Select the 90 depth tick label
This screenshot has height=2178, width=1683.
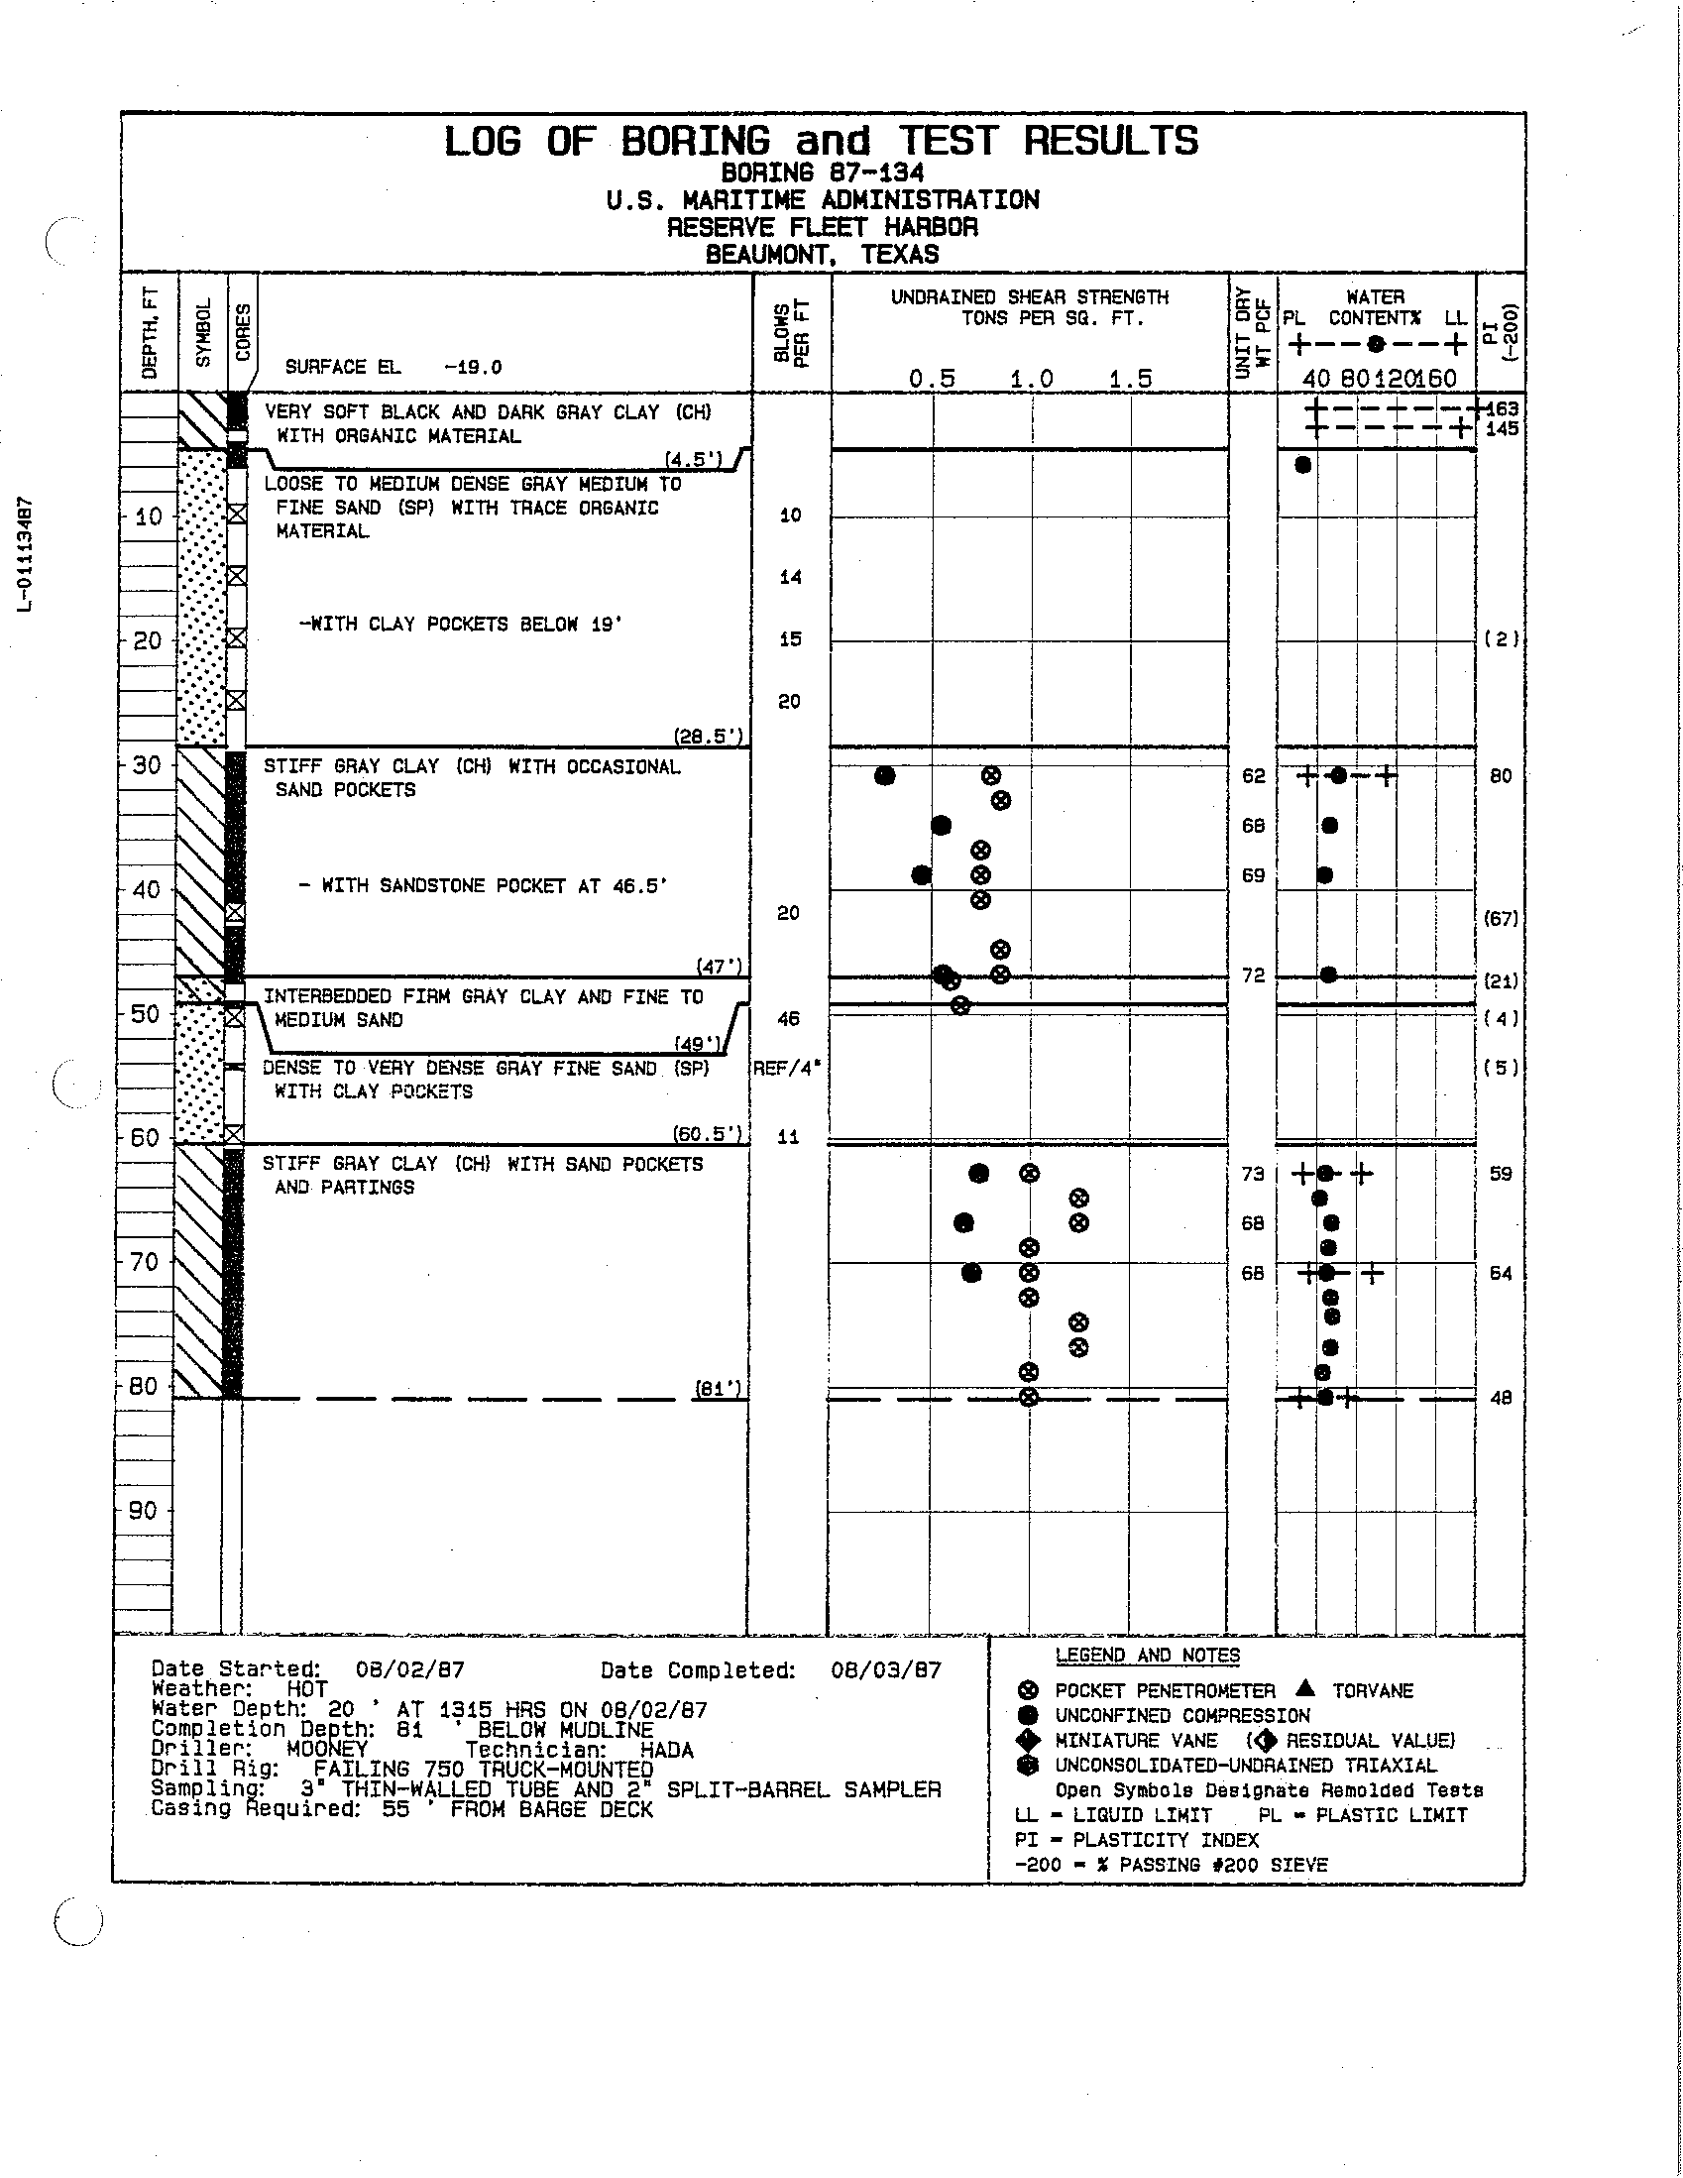pyautogui.click(x=144, y=1511)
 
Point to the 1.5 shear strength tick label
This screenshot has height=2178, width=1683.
pyautogui.click(x=1131, y=379)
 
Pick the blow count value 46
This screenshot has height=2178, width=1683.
pyautogui.click(x=789, y=1018)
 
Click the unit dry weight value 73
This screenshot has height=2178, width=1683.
pyautogui.click(x=1253, y=1174)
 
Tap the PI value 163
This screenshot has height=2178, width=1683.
pyautogui.click(x=1502, y=408)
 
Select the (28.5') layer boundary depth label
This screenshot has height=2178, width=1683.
pyautogui.click(x=708, y=737)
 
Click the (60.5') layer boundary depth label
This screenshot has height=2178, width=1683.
pyautogui.click(x=708, y=1133)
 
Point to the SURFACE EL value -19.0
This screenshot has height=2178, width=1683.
pyautogui.click(x=473, y=367)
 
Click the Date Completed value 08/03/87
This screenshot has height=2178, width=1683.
pyautogui.click(x=885, y=1670)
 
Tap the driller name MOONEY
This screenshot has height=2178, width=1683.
pyautogui.click(x=327, y=1749)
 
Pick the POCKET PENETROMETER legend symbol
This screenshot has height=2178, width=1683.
pyautogui.click(x=1032, y=1691)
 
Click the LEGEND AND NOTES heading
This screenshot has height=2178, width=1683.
pyautogui.click(x=1148, y=1656)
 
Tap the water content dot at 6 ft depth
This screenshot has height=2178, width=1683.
pyautogui.click(x=1302, y=465)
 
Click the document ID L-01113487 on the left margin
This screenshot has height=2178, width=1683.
pyautogui.click(x=30, y=552)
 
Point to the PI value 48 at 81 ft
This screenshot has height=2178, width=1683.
pyautogui.click(x=1501, y=1398)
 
